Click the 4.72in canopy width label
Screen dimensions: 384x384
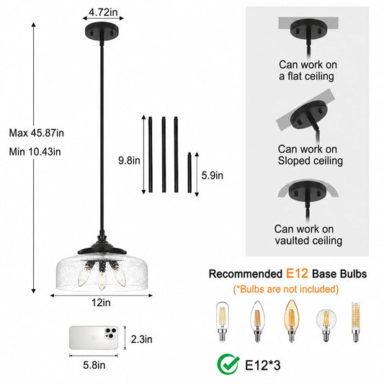coord(103,12)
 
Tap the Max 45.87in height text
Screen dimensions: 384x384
coord(37,133)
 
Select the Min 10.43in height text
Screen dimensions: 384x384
coord(35,152)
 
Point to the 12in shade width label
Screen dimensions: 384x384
coord(101,303)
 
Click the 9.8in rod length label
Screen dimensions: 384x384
coord(129,161)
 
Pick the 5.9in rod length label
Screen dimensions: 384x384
coord(213,176)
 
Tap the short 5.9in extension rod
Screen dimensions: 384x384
coord(189,172)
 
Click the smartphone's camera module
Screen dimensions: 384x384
coord(111,334)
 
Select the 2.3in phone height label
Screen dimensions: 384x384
coord(141,339)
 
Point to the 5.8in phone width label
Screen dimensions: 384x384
coord(94,365)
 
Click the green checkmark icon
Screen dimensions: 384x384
coord(228,365)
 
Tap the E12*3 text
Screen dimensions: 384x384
coord(263,366)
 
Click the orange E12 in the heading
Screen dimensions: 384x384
coord(297,273)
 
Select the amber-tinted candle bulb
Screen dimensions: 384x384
coord(292,321)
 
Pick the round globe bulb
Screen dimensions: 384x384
coord(326,325)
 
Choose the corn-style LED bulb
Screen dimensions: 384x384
coord(356,322)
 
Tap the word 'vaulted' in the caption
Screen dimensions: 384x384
coord(292,241)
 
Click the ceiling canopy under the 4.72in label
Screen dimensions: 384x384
coord(102,32)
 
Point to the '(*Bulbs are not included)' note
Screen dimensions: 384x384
coord(286,289)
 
